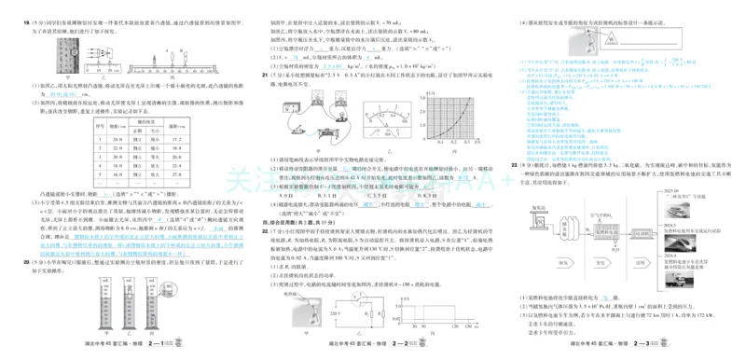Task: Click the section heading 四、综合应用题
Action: [290, 224]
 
